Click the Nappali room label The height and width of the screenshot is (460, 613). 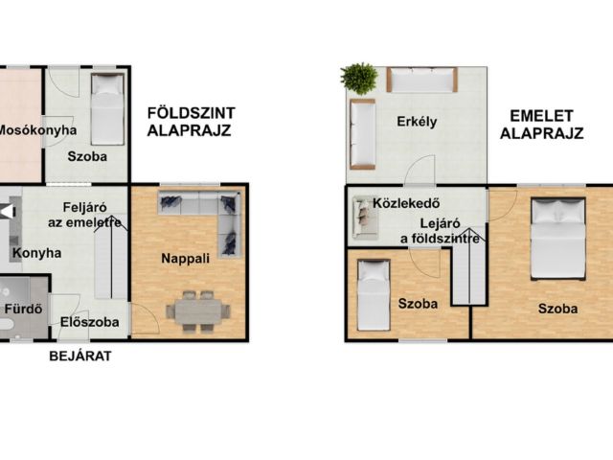click(185, 259)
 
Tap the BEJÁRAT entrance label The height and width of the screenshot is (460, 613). click(80, 356)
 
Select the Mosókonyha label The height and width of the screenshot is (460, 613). click(37, 130)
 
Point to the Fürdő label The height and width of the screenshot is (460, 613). click(23, 309)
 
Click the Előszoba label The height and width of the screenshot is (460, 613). click(89, 322)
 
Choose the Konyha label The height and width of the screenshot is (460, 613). click(36, 253)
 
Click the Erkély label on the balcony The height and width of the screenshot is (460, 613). click(417, 122)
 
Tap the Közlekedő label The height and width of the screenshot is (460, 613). click(406, 203)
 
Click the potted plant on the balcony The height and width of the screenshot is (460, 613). click(359, 79)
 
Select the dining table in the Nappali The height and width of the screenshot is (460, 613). click(198, 311)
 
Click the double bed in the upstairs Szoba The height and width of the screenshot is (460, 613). click(557, 239)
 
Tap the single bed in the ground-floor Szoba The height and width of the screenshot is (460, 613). click(107, 109)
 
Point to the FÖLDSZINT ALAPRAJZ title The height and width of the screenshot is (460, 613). click(191, 122)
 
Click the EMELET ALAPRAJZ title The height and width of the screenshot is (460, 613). click(541, 125)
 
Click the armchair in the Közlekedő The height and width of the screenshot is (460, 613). click(366, 218)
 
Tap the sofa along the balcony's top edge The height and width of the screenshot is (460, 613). click(421, 80)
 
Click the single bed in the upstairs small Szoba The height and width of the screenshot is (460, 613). click(374, 295)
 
